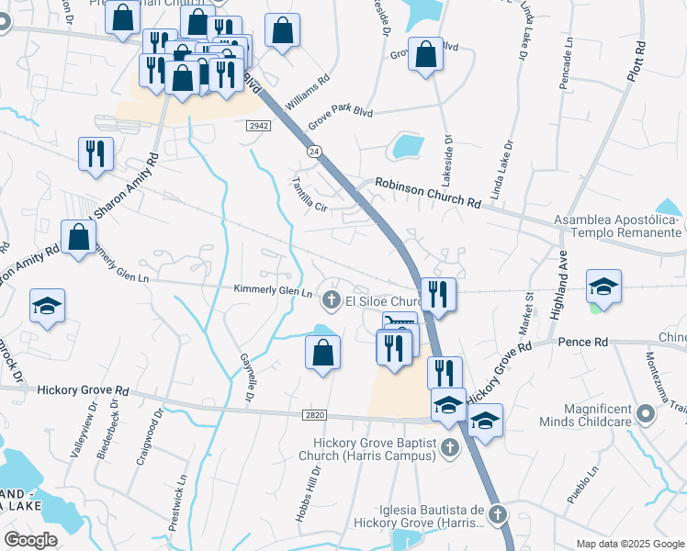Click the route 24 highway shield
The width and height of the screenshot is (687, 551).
pos(314,152)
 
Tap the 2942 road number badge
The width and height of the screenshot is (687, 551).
pos(258,126)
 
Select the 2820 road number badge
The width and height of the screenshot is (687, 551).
pos(313,416)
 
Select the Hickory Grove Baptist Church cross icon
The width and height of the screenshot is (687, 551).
pos(449,448)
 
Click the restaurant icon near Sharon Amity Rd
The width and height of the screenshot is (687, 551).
pos(96,153)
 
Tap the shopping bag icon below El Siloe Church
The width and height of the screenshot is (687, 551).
pos(322,352)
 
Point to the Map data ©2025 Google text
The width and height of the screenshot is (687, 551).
pos(629,544)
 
